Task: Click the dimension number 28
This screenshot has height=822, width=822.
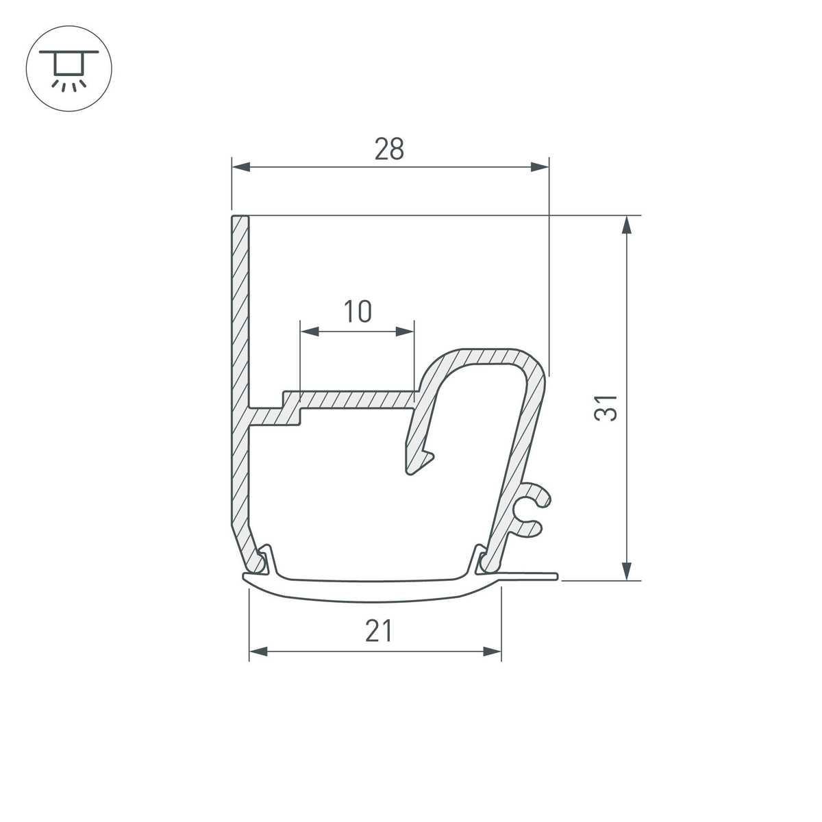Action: coord(389,149)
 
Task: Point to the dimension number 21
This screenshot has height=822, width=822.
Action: coord(378,631)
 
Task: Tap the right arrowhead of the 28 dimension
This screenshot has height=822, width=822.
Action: coord(540,166)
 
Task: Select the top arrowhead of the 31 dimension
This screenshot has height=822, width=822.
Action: coord(625,226)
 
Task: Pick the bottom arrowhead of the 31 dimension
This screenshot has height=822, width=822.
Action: coord(625,570)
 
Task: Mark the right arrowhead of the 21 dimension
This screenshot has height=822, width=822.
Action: coord(493,651)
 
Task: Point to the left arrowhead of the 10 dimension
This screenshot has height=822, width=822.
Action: coord(310,332)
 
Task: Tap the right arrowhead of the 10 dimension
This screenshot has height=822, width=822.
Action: coord(406,332)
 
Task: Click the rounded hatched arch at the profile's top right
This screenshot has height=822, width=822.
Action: coord(486,356)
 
